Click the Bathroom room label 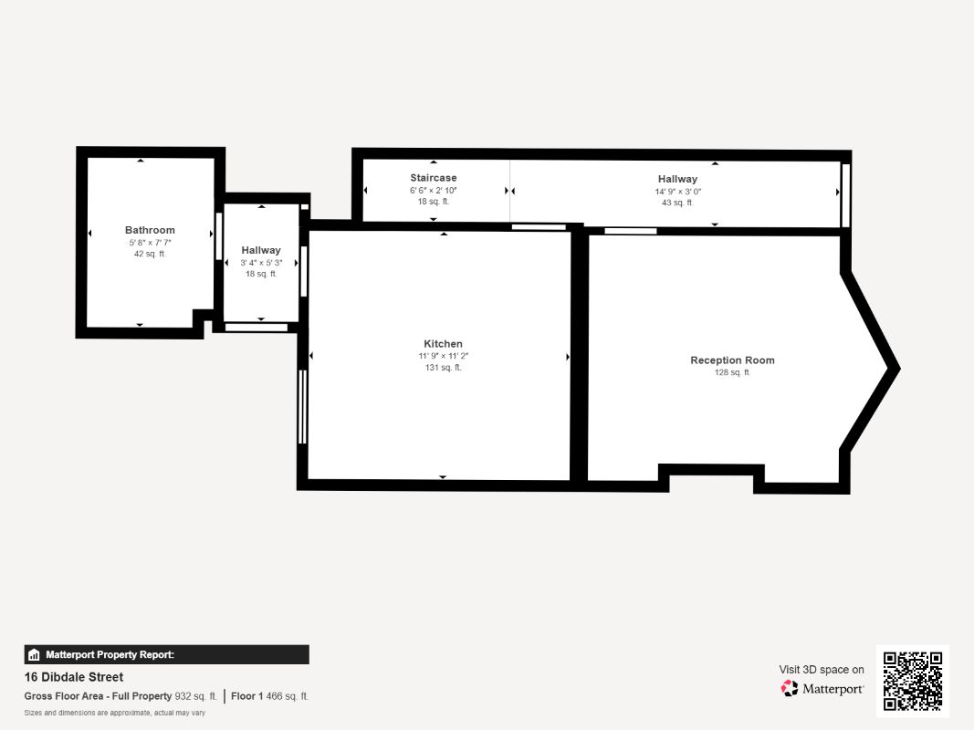coord(150,230)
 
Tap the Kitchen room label coord(443,344)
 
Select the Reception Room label coord(732,360)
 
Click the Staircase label coord(433,178)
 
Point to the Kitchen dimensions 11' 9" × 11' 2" coord(443,356)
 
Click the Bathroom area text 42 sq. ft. coord(150,254)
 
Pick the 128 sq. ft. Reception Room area coord(732,372)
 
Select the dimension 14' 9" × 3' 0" coord(677,192)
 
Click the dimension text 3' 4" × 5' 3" coord(261,263)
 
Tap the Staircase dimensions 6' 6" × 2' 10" coord(433,191)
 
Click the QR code coord(913,681)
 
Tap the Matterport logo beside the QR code coord(822,689)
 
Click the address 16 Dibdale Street coord(74,677)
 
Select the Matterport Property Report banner coord(166,654)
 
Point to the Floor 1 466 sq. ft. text coord(269,696)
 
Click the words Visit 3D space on coord(822,670)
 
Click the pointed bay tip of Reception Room coord(896,369)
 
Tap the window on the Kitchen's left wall coord(302,406)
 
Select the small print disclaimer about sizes coord(115,713)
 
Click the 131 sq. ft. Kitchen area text coord(443,368)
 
